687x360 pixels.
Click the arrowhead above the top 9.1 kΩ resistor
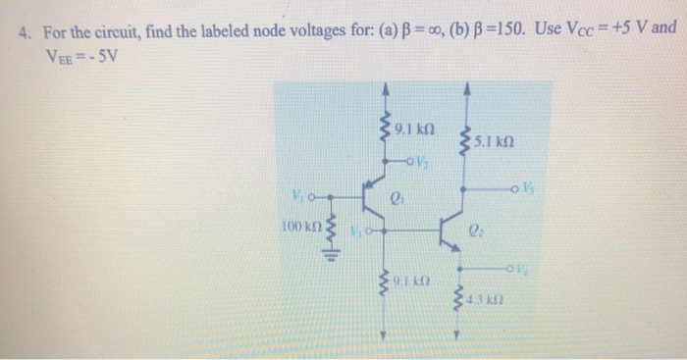[x=386, y=91]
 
